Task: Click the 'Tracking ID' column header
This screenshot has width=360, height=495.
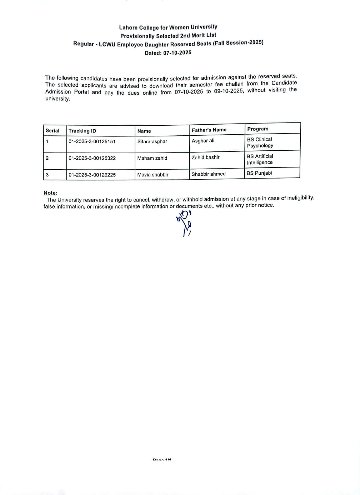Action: [x=82, y=131]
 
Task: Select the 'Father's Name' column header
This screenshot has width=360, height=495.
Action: [x=209, y=130]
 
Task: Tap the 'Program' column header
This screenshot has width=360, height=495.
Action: [x=257, y=129]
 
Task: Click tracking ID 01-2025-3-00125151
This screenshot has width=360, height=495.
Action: [x=92, y=141]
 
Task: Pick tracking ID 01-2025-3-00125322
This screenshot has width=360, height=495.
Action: [x=92, y=158]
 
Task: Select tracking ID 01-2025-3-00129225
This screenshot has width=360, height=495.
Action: [x=92, y=175]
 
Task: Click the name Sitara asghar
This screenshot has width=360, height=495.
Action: [x=152, y=141]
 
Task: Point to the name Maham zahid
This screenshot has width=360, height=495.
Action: [x=152, y=158]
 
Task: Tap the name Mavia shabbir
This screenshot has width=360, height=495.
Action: [x=153, y=175]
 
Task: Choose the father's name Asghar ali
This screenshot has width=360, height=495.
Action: [x=203, y=141]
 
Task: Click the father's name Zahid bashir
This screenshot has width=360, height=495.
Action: [x=205, y=157]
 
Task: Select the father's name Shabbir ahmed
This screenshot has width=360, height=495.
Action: [x=209, y=174]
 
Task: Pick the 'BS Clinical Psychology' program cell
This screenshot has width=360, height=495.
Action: [x=260, y=142]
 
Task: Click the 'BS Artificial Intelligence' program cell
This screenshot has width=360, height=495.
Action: [x=260, y=159]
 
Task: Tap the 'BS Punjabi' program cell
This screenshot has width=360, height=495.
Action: [x=259, y=173]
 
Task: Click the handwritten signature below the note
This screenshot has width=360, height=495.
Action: [x=185, y=223]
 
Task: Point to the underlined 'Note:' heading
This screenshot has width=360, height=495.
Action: [x=50, y=193]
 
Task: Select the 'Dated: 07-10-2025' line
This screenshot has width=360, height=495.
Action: [x=168, y=53]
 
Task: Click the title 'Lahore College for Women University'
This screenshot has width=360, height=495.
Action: [x=168, y=27]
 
